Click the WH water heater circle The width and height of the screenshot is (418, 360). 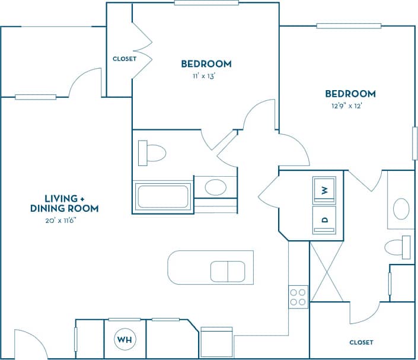[125, 340]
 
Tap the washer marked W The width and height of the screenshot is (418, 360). [324, 190]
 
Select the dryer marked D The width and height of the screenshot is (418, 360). [324, 219]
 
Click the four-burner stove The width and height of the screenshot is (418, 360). [298, 297]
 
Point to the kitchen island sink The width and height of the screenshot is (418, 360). [228, 271]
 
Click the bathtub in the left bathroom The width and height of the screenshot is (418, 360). [162, 196]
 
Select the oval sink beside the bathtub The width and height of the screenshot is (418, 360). [215, 188]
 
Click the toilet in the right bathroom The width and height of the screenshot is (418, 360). [398, 246]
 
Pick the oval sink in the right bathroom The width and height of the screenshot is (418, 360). [401, 209]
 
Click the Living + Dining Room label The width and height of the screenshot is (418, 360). [64, 203]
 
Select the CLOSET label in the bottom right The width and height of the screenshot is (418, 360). [361, 342]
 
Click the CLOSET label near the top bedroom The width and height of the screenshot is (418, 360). [125, 59]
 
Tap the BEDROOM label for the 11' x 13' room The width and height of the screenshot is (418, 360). [206, 63]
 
